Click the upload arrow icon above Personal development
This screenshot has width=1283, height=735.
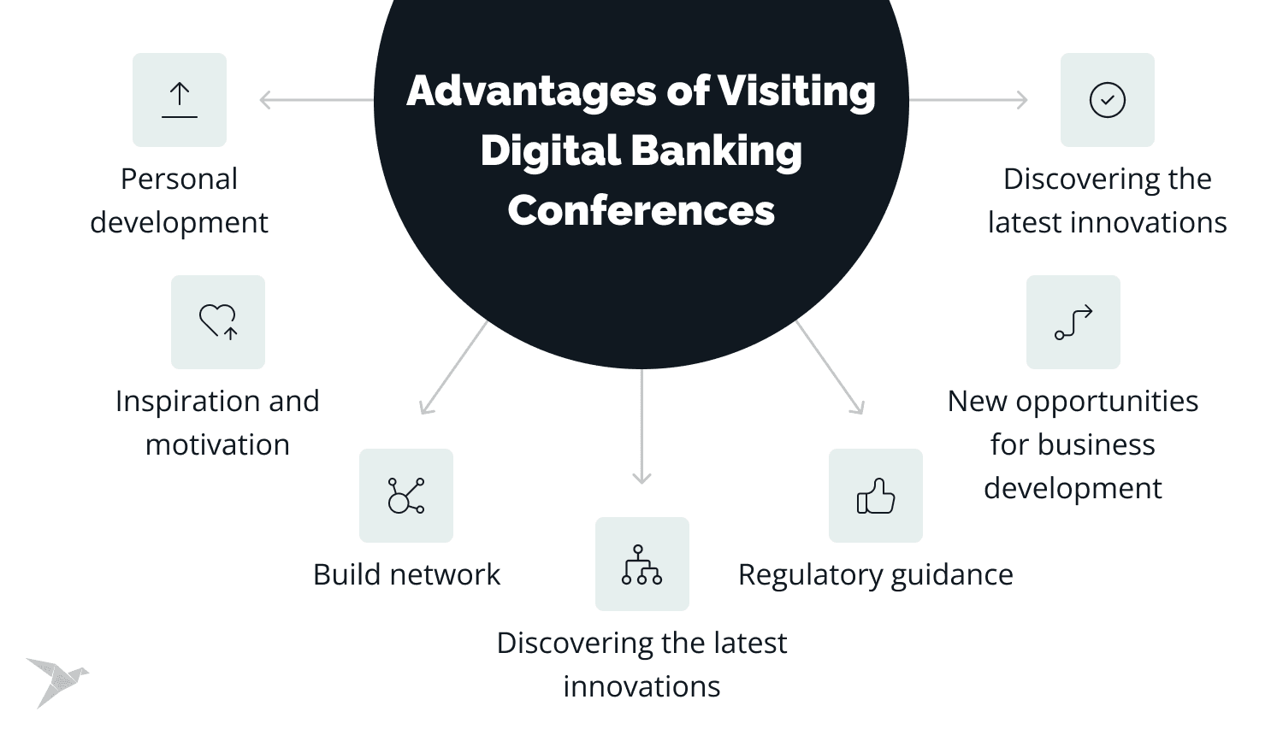tap(180, 100)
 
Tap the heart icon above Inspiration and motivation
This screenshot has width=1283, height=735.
tap(218, 322)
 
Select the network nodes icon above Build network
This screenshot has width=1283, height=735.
tap(406, 496)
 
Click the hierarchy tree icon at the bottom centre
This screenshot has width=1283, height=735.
tap(641, 564)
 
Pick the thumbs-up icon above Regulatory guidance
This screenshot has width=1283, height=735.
tap(876, 496)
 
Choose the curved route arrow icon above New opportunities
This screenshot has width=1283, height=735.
tap(1073, 322)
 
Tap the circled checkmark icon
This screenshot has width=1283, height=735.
tap(1108, 100)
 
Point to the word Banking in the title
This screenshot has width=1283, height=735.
tap(717, 151)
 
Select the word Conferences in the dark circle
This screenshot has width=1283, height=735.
tap(641, 210)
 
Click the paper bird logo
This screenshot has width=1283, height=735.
tap(56, 681)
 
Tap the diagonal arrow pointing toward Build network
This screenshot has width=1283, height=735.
tap(453, 367)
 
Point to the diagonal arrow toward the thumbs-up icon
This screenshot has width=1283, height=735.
tap(831, 367)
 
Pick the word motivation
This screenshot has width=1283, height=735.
tap(217, 445)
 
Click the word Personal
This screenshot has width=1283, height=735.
tap(179, 179)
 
